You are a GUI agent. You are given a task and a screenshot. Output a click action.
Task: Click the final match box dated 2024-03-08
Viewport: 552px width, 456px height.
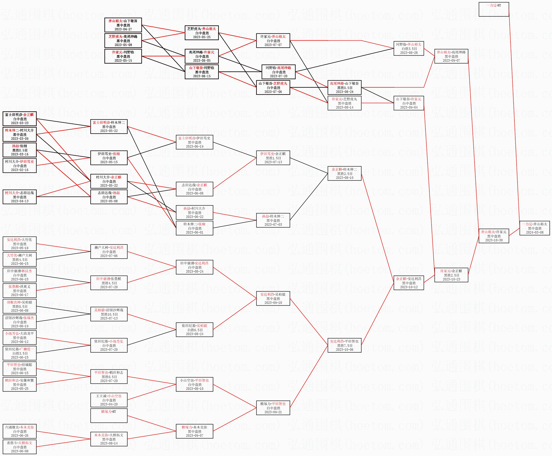[534, 228]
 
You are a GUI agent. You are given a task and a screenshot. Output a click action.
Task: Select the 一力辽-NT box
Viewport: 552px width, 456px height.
[494, 9]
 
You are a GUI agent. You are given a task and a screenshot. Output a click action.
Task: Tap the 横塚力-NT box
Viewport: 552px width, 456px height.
[109, 415]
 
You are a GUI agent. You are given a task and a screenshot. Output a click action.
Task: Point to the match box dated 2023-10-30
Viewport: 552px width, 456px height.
[494, 236]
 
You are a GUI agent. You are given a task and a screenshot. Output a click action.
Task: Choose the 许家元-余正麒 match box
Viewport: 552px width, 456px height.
[451, 275]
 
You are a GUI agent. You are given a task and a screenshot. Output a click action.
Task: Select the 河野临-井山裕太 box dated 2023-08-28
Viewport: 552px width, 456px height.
[409, 48]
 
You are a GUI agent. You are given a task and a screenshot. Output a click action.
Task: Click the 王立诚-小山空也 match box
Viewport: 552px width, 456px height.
[109, 400]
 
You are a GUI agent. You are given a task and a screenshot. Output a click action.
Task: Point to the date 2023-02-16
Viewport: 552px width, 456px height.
[20, 170]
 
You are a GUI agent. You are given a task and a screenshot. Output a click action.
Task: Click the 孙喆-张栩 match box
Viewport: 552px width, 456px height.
[20, 150]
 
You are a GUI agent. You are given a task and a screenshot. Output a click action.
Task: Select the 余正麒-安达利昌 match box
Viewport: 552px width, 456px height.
[409, 283]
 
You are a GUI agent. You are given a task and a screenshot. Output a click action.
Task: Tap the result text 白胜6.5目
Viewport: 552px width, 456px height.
[195, 330]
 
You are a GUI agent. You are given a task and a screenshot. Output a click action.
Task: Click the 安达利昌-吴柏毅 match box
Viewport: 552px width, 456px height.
[273, 298]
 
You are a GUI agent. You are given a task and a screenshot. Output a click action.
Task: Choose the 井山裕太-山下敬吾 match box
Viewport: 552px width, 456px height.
[123, 25]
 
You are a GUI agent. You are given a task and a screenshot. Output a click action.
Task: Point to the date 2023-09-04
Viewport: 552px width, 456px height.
[409, 107]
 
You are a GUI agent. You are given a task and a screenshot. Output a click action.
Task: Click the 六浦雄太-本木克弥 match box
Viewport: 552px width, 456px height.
[20, 431]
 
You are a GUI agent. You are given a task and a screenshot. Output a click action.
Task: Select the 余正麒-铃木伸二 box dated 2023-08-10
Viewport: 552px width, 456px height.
[344, 173]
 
